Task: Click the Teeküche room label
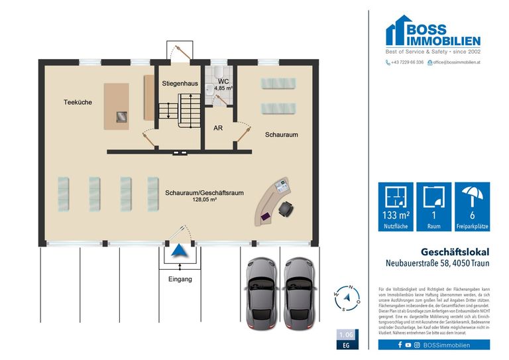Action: tap(78, 102)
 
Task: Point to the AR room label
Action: tap(217, 129)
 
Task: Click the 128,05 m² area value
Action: tap(205, 199)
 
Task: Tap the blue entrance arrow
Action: tap(177, 251)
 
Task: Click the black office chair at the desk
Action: tap(287, 210)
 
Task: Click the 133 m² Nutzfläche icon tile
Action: tap(396, 207)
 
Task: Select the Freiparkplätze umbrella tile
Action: tap(473, 207)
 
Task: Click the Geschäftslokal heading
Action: tap(455, 252)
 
